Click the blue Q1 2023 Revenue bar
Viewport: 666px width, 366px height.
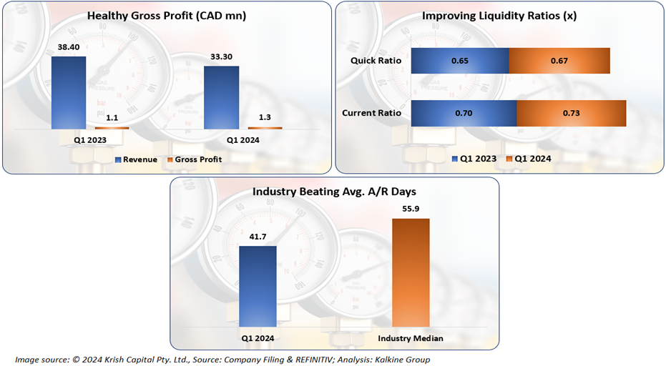(x=69, y=93)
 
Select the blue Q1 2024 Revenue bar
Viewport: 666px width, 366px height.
(x=221, y=97)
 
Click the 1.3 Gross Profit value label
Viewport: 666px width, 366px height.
(x=265, y=119)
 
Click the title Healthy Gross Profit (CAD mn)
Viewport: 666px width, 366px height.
(x=166, y=16)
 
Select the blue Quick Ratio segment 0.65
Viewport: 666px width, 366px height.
(x=460, y=61)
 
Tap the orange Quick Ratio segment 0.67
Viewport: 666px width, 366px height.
(x=559, y=61)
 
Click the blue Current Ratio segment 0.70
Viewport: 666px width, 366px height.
(x=464, y=113)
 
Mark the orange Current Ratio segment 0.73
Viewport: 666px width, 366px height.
(x=571, y=113)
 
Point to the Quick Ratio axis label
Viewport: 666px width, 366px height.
(x=376, y=61)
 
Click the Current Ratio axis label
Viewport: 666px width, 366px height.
(x=371, y=113)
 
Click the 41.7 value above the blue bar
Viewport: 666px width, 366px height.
(x=258, y=237)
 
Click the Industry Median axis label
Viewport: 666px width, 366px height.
(x=411, y=338)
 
